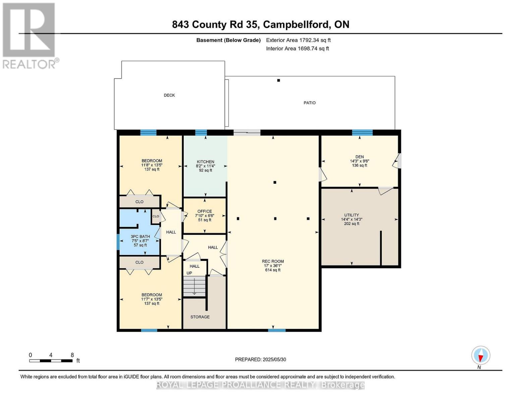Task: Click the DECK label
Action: [x=169, y=95]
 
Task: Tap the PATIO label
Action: [x=309, y=103]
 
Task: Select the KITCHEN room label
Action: [x=206, y=162]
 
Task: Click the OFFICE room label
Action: [x=205, y=212]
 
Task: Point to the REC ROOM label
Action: [x=273, y=261]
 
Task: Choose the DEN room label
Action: [x=359, y=157]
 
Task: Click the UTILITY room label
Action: [x=351, y=215]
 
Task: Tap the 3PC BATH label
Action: [x=140, y=236]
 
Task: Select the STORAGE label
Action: [x=200, y=317]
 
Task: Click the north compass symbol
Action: [x=481, y=355]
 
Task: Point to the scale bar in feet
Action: [x=51, y=361]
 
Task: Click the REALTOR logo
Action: [x=30, y=35]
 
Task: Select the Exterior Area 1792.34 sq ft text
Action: [x=298, y=40]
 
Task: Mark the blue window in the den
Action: [x=362, y=132]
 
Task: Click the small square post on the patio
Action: [x=279, y=80]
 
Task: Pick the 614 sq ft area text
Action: [x=273, y=270]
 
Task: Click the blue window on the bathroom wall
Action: [x=118, y=242]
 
